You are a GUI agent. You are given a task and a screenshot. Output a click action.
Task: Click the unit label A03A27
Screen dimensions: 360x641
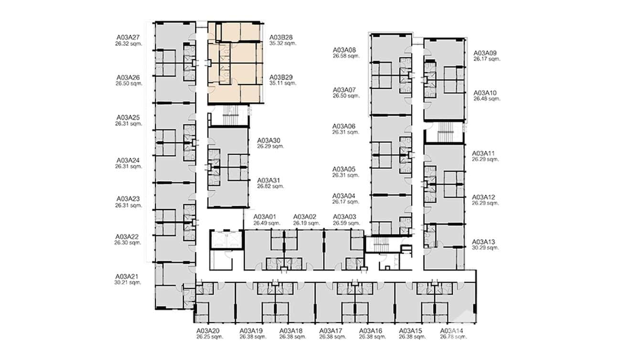pyautogui.click(x=128, y=37)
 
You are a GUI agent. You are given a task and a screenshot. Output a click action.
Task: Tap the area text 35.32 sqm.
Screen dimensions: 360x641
pyautogui.click(x=283, y=43)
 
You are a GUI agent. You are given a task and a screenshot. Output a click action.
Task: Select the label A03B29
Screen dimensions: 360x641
pyautogui.click(x=281, y=77)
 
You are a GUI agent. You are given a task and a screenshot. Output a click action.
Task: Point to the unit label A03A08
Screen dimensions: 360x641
pyautogui.click(x=345, y=50)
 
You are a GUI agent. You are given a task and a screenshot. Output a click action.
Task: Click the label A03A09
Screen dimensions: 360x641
pyautogui.click(x=485, y=53)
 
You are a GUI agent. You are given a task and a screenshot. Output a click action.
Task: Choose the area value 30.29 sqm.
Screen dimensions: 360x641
pyautogui.click(x=485, y=248)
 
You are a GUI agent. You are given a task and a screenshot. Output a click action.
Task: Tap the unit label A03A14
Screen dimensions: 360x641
pyautogui.click(x=451, y=331)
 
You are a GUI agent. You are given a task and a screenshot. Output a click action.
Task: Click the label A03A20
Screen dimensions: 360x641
pyautogui.click(x=208, y=331)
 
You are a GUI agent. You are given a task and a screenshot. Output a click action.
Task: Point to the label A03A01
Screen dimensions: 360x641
pyautogui.click(x=265, y=217)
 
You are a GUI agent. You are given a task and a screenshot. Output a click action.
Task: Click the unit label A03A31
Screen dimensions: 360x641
pyautogui.click(x=268, y=180)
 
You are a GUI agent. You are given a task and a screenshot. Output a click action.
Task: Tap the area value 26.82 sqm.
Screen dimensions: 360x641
pyautogui.click(x=270, y=186)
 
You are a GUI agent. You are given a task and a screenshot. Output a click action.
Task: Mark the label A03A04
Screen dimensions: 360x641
pyautogui.click(x=344, y=196)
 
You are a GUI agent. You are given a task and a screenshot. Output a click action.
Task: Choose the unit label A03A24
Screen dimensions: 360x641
pyautogui.click(x=128, y=160)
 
